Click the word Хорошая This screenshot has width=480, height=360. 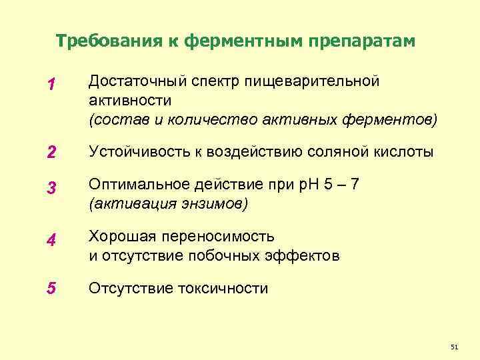[x=117, y=237]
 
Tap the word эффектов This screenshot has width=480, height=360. [x=307, y=255]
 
